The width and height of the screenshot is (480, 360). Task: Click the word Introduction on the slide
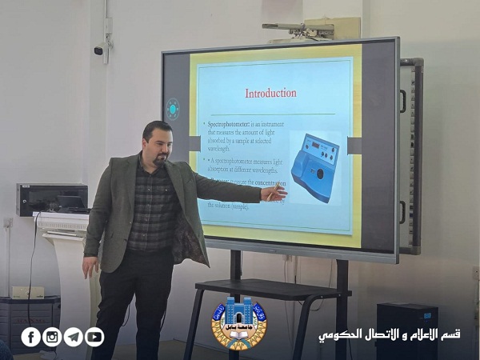point(270,93)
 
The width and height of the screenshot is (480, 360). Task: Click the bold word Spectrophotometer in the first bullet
point(229,126)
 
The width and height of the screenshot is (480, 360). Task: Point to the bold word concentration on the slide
point(264,182)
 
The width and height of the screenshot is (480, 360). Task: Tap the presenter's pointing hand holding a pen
point(274,192)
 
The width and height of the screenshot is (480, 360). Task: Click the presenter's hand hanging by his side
point(89,266)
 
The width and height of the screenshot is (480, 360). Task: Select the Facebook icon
point(31,337)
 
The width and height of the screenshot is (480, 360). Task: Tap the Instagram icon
point(52,337)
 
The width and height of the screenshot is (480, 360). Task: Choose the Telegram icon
point(74,337)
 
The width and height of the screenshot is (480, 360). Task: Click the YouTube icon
point(94,337)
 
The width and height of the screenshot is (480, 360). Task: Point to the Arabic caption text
point(389,334)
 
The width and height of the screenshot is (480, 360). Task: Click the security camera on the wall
point(100,50)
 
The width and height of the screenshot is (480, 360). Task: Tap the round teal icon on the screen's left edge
point(172,109)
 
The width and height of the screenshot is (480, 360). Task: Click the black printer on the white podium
point(51,198)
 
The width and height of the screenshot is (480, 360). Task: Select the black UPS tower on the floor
point(406,330)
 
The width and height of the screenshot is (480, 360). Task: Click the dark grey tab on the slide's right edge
point(354,145)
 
